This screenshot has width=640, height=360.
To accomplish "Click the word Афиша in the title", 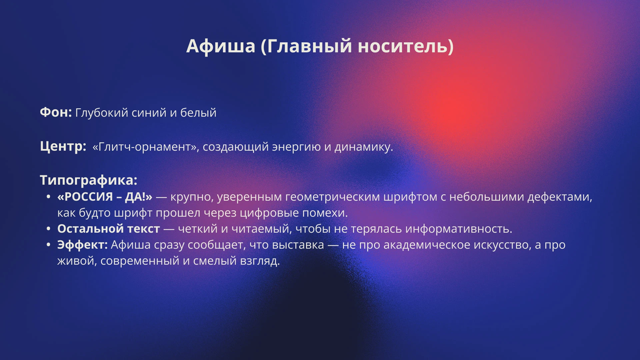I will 221,46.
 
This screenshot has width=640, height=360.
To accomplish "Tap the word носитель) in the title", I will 405,46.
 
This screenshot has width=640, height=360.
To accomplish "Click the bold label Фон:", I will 56,113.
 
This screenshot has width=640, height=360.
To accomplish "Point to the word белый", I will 198,113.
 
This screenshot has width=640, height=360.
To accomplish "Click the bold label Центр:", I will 63,146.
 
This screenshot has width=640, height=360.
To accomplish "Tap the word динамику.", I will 364,147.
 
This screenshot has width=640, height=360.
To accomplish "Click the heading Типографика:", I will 89,180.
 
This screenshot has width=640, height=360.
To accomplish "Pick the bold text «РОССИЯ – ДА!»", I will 105,197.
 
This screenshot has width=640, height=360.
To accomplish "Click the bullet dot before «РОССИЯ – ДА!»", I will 49,197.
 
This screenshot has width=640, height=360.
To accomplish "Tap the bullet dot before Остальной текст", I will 49,229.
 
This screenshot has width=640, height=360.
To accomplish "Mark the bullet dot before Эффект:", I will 49,245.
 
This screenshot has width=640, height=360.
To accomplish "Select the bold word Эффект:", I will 82,245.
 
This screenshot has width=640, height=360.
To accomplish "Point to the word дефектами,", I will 560,197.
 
